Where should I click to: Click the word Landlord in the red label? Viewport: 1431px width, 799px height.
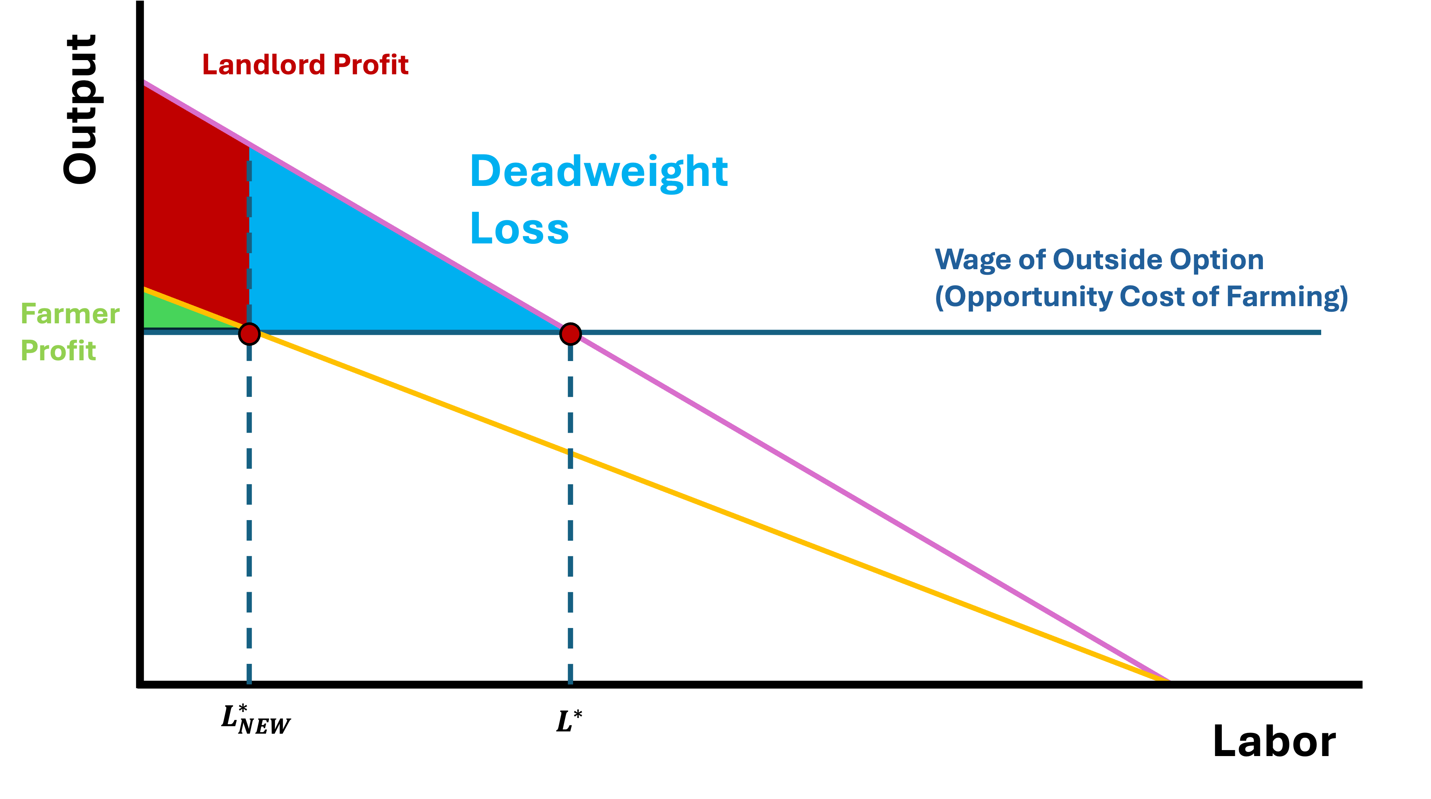pyautogui.click(x=263, y=65)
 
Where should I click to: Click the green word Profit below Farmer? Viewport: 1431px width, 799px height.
pyautogui.click(x=58, y=351)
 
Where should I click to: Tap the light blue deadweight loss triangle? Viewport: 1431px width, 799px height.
pyautogui.click(x=361, y=267)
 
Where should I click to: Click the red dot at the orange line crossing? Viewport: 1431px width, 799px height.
pyautogui.click(x=249, y=334)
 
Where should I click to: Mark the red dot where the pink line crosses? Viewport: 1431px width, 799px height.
pyautogui.click(x=570, y=334)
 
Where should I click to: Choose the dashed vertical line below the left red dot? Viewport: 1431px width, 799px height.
pyautogui.click(x=249, y=500)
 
